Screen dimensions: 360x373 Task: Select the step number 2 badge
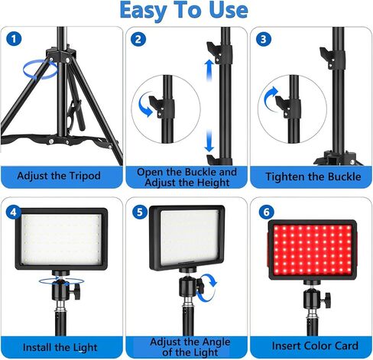pyautogui.click(x=138, y=39)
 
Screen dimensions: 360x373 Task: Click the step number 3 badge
pyautogui.click(x=264, y=39)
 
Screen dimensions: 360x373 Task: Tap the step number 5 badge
pyautogui.click(x=138, y=211)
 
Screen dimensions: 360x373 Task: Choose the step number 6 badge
pyautogui.click(x=264, y=211)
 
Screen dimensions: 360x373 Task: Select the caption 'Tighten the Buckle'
pyautogui.click(x=309, y=177)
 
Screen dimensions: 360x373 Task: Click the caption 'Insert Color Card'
pyautogui.click(x=309, y=348)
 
